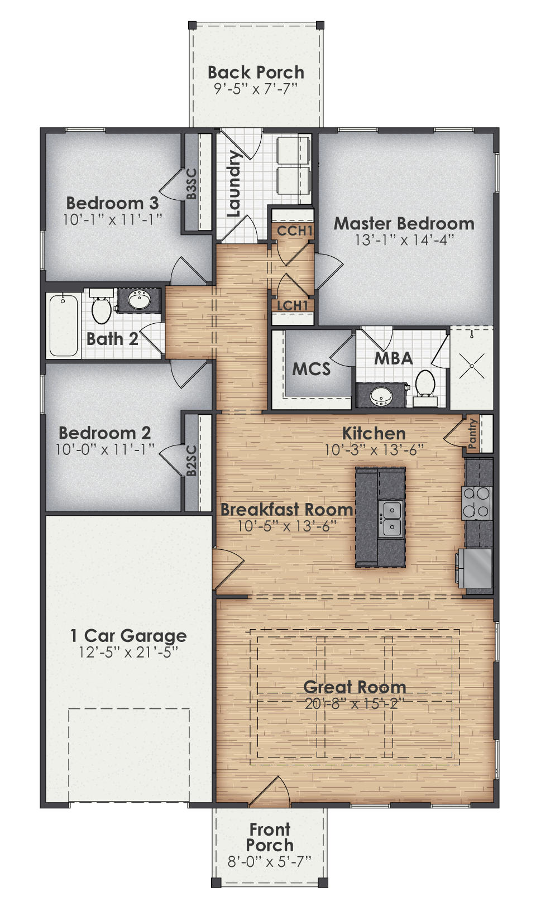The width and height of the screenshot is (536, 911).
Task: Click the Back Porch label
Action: [256, 73]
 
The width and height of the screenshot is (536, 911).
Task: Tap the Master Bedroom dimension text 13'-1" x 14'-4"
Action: [404, 239]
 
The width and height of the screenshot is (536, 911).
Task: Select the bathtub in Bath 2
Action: [64, 325]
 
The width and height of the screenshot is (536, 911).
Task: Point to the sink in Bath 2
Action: [138, 300]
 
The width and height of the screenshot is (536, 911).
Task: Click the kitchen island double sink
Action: [391, 518]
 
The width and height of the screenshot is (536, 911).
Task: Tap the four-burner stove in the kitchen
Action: [476, 502]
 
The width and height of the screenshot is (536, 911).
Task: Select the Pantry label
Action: [472, 433]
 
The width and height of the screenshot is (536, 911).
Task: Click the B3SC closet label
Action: [192, 184]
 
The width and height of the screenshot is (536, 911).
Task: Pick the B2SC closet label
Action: [192, 461]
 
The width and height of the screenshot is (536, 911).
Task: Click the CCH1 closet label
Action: [294, 230]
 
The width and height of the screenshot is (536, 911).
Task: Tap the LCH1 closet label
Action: [293, 305]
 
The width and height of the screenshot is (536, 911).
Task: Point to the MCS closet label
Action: [311, 369]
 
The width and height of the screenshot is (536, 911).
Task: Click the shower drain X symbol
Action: [472, 366]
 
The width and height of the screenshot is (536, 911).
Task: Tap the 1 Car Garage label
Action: [128, 635]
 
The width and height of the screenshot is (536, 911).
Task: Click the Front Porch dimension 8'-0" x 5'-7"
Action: [269, 861]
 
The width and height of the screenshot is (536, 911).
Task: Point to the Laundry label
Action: [234, 184]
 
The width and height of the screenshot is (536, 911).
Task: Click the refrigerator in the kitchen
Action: [476, 568]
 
